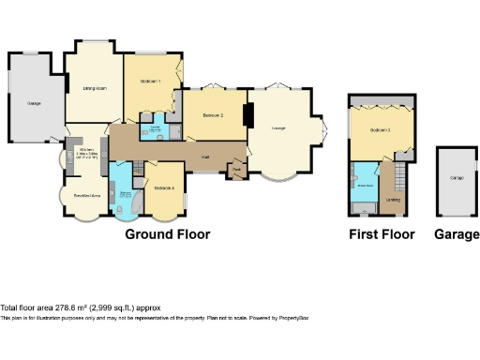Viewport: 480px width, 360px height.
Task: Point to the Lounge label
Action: click(278, 128)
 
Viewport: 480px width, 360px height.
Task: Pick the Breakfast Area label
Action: click(87, 195)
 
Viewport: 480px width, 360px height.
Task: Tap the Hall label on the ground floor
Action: click(204, 157)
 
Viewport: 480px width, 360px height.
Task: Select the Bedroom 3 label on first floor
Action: click(380, 129)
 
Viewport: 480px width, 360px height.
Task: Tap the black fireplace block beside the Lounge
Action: click(247, 114)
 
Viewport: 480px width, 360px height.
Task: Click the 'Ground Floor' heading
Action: click(168, 234)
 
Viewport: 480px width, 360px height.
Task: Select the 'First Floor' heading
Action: click(382, 234)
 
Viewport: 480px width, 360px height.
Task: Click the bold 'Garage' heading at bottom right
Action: click(457, 234)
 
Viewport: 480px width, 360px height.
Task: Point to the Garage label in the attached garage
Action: click(34, 103)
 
